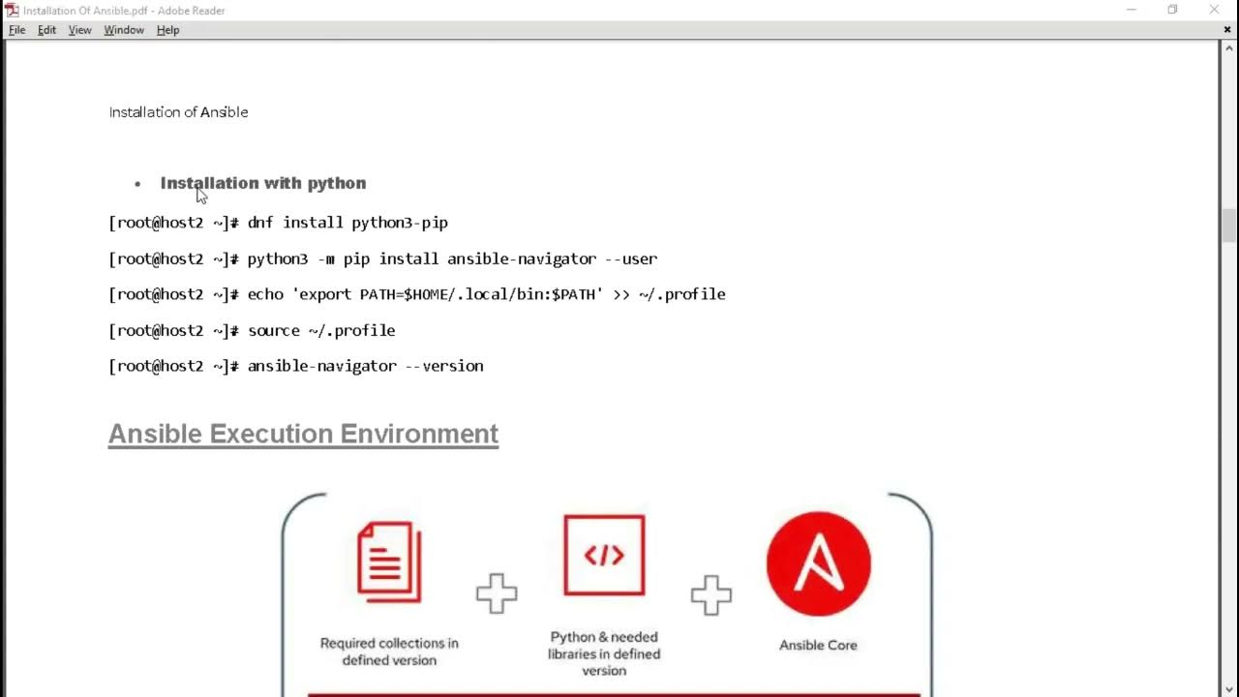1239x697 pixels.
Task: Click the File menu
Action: pos(16,30)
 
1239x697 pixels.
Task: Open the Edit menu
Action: pos(46,30)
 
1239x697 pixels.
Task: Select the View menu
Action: pos(79,30)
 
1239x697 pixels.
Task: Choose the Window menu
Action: pos(124,30)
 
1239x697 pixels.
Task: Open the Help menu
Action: pos(167,30)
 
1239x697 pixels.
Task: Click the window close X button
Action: pos(1214,10)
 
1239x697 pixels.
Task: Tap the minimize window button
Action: pos(1131,10)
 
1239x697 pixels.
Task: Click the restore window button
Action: pos(1172,10)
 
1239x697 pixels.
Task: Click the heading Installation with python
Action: pos(263,183)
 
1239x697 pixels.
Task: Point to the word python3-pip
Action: pos(399,223)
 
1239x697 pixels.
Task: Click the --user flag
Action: pos(631,258)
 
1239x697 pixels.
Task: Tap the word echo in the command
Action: pos(265,294)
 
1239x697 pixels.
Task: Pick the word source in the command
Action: pos(274,330)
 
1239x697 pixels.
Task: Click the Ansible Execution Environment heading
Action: pos(303,434)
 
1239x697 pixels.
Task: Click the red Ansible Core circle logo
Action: pos(819,564)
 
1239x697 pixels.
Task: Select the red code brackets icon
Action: pos(604,555)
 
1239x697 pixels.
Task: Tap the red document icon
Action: pos(389,561)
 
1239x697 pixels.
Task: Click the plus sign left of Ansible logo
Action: pos(711,594)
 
